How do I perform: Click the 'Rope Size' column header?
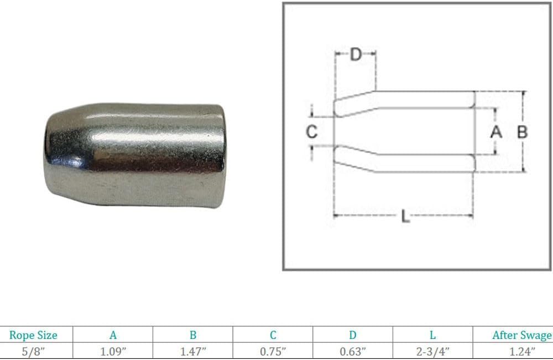pyautogui.click(x=33, y=335)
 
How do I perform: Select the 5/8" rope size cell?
pyautogui.click(x=33, y=352)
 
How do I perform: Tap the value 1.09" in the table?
pyautogui.click(x=113, y=352)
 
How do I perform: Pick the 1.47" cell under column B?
pyautogui.click(x=193, y=352)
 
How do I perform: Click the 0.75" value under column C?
pyautogui.click(x=273, y=352)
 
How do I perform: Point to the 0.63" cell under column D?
pyautogui.click(x=353, y=352)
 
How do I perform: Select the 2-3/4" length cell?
pyautogui.click(x=433, y=352)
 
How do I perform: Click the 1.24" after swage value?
pyautogui.click(x=522, y=352)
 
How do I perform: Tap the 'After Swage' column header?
pyautogui.click(x=522, y=335)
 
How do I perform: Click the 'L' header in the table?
pyautogui.click(x=433, y=335)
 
